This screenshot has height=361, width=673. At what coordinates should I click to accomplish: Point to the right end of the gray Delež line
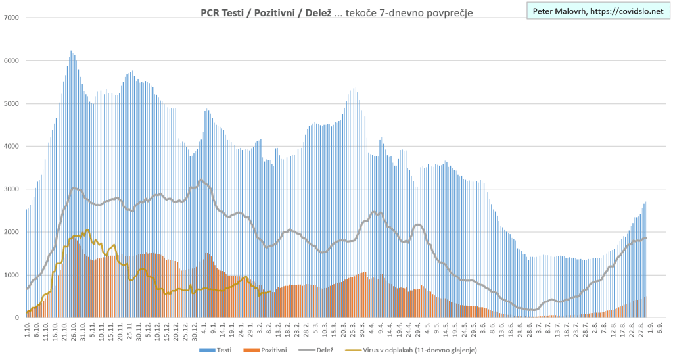point(646,238)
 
